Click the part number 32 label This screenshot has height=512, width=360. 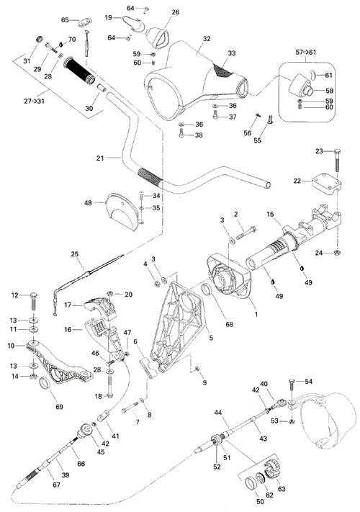tap(207, 39)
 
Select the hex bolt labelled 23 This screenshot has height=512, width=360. tap(338, 161)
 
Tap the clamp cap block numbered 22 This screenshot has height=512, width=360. tap(326, 184)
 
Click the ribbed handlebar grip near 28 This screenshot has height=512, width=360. tap(79, 70)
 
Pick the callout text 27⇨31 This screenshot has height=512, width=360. tap(34, 102)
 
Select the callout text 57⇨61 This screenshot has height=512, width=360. tap(305, 53)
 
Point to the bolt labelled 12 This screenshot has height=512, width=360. tap(33, 301)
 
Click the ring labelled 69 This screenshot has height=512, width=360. tap(45, 383)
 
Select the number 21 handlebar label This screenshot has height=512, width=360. tap(100, 158)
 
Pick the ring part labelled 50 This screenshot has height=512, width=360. tap(251, 484)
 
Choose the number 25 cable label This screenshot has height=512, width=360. tap(75, 253)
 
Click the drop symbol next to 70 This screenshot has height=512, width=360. tap(60, 44)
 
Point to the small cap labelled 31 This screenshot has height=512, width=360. tap(39, 39)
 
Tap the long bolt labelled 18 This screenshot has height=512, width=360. tap(109, 387)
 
